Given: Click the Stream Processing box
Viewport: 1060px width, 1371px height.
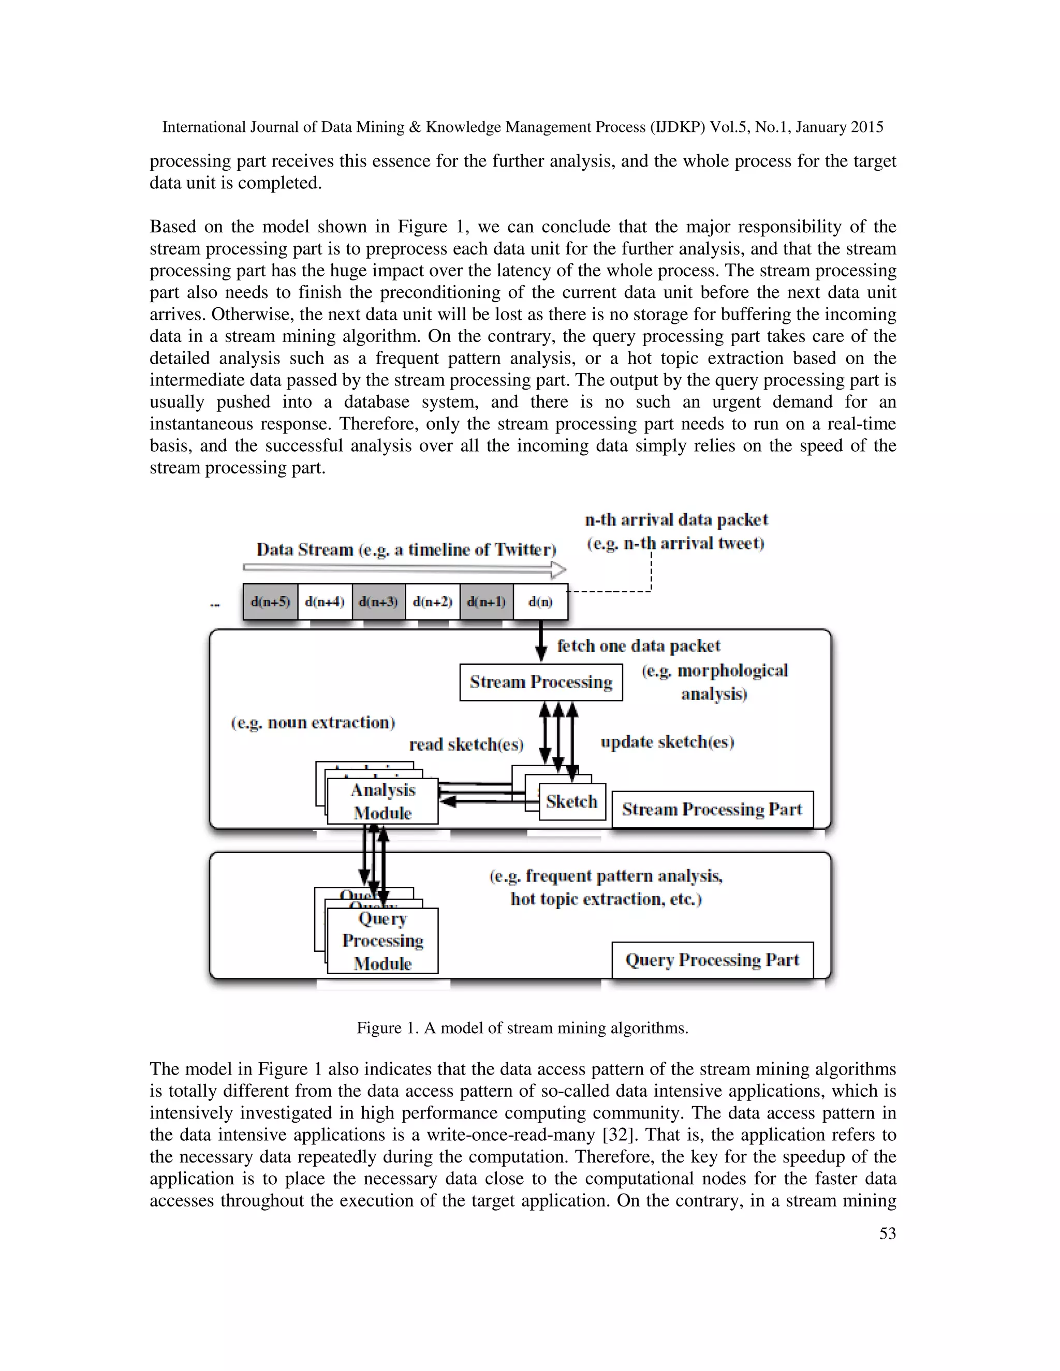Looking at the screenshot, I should click(541, 682).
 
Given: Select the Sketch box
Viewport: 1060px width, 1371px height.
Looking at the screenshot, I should click(571, 801).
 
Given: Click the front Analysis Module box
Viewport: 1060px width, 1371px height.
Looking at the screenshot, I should click(382, 801).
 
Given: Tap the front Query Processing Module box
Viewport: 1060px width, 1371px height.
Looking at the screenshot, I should click(382, 941).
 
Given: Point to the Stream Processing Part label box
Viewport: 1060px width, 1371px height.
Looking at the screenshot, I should click(712, 810).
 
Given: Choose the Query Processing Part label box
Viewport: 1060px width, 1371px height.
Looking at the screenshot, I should click(712, 960).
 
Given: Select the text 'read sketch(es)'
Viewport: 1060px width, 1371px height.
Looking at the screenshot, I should click(466, 745).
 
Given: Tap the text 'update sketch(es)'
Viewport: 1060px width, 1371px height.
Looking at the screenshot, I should click(667, 742).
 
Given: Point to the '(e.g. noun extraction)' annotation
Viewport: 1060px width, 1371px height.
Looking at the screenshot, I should click(313, 723).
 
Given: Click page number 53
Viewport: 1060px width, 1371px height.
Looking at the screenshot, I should click(887, 1233).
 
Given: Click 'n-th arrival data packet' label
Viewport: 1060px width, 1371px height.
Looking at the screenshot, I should click(676, 520).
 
